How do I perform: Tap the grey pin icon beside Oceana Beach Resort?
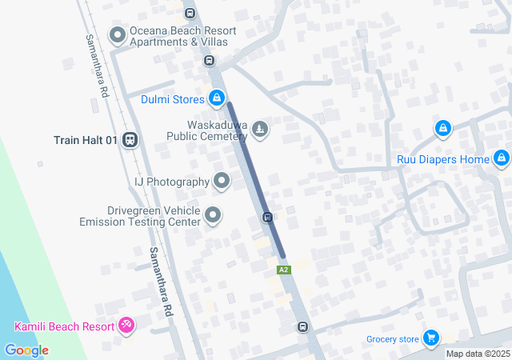click(118, 34)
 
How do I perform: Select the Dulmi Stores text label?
click(172, 100)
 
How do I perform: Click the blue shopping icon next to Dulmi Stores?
click(216, 98)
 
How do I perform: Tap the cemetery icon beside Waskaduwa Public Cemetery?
click(260, 128)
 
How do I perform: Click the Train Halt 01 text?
click(86, 140)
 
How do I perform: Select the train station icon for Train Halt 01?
click(130, 140)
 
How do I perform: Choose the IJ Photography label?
click(171, 182)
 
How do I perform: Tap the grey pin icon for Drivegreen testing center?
click(213, 214)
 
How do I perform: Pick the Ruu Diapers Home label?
click(442, 159)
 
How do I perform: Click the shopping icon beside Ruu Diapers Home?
click(501, 158)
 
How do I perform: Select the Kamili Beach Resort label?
click(65, 326)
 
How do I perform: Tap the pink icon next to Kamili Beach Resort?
click(126, 325)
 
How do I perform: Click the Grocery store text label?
click(393, 339)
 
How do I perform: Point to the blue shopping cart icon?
click(431, 338)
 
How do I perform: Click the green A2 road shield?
click(283, 270)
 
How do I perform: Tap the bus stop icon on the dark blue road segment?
click(268, 217)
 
